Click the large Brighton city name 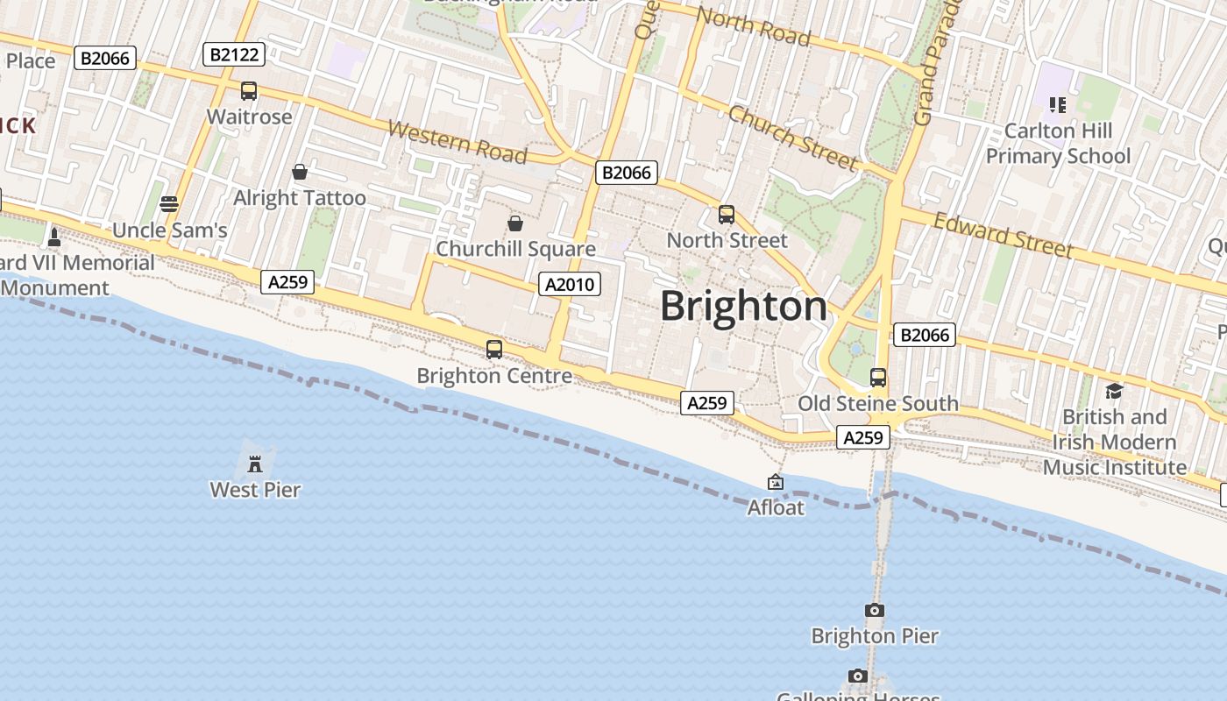coord(743,307)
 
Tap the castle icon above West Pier coord(255,463)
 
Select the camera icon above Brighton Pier coord(874,610)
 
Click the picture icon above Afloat coord(775,482)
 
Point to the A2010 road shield coord(569,284)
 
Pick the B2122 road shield coord(235,54)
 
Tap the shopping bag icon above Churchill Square coord(515,223)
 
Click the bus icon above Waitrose coord(249,91)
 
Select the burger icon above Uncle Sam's coord(169,204)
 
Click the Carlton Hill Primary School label coord(1058,144)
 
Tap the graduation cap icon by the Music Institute coord(1114,391)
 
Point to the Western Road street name coord(457,143)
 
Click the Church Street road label coord(792,138)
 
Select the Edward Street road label coord(1003,235)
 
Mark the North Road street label coord(753,26)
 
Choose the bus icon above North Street coord(726,215)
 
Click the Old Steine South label coord(877,404)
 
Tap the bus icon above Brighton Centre coord(494,350)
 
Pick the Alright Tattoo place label coord(299,198)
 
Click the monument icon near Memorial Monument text coord(54,237)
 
